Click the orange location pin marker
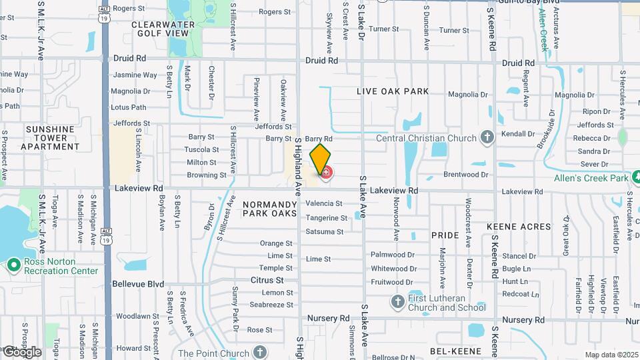320,158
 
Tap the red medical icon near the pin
326,174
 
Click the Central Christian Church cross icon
487,138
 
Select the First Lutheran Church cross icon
397,303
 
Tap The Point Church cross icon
259,353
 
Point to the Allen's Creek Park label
595,178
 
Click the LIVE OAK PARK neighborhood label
392,91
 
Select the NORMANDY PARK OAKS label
269,209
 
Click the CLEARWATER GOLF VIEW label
163,29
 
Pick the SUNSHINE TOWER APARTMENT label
50,137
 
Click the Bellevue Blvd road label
138,284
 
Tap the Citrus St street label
267,281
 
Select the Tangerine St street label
327,218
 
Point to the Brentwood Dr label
466,175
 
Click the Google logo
21,352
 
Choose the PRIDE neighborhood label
445,235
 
